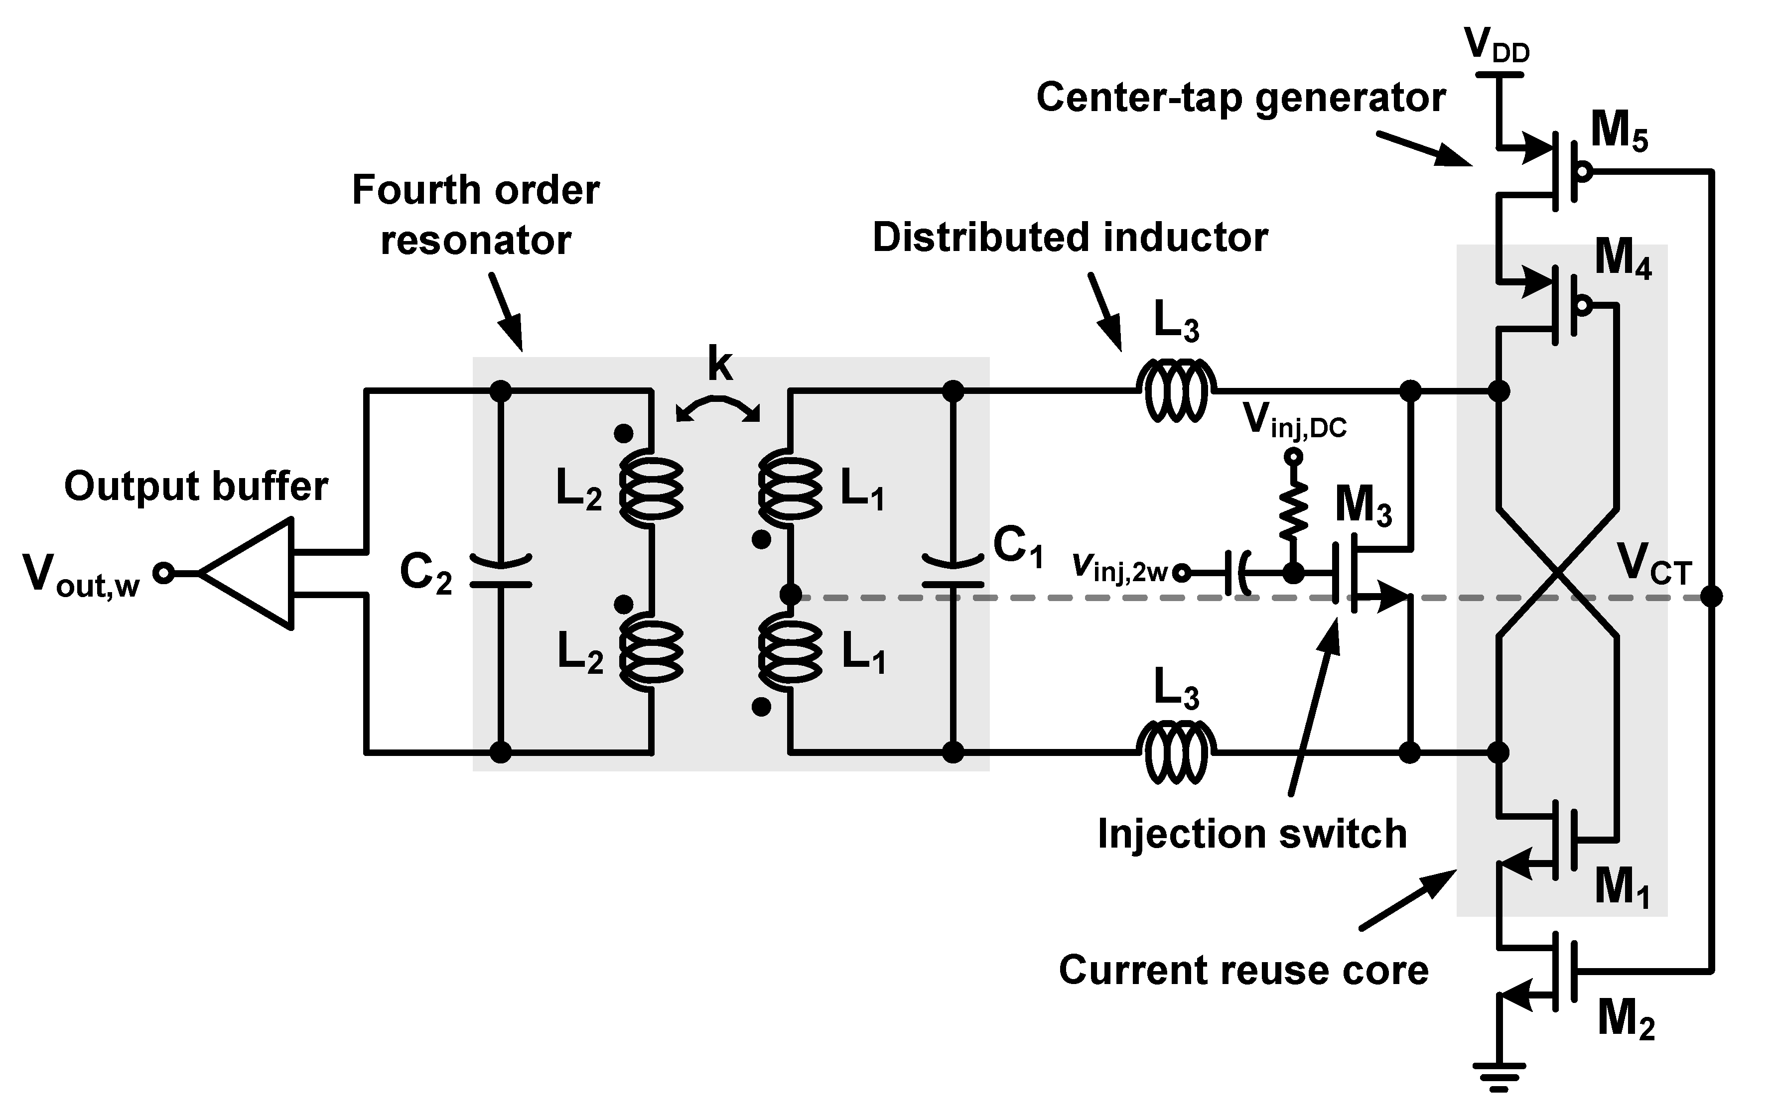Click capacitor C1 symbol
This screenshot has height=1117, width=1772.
[952, 573]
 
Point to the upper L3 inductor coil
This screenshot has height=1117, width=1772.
[1175, 390]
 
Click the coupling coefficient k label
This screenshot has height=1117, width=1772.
[720, 364]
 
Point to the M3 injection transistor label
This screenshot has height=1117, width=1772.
[1363, 506]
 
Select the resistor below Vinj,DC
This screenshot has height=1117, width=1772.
[1293, 511]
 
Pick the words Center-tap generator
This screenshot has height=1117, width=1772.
[1240, 98]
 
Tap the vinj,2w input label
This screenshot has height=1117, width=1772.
[1118, 568]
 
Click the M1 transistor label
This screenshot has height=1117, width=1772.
[1621, 887]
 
